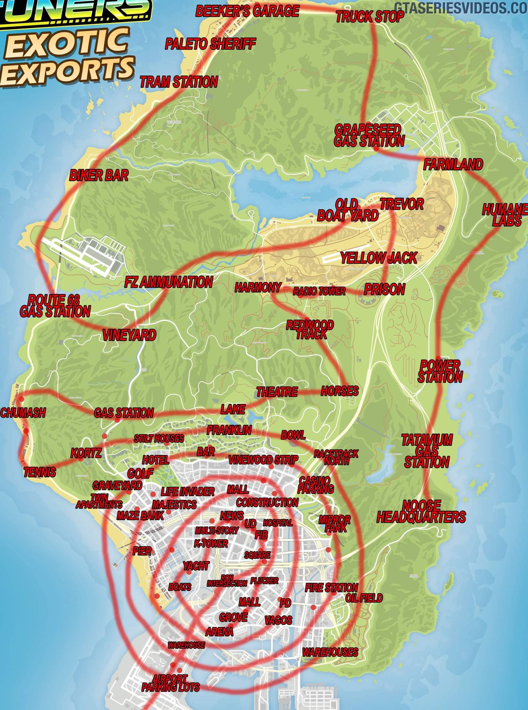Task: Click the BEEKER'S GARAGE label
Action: pyautogui.click(x=247, y=11)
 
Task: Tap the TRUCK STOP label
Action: pyautogui.click(x=370, y=17)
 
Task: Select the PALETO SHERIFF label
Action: pyautogui.click(x=210, y=44)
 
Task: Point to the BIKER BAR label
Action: pyautogui.click(x=99, y=175)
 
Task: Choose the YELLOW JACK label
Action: pyautogui.click(x=379, y=258)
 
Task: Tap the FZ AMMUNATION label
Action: pyautogui.click(x=168, y=282)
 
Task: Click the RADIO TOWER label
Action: pyautogui.click(x=319, y=291)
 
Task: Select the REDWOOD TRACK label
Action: pyautogui.click(x=310, y=330)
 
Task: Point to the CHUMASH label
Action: pyautogui.click(x=23, y=413)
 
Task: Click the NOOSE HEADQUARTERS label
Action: pyautogui.click(x=421, y=512)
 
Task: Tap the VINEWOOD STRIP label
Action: pyautogui.click(x=263, y=460)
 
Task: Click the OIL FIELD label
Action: pyautogui.click(x=364, y=598)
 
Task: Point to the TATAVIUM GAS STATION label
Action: pyautogui.click(x=427, y=451)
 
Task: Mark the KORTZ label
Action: pyautogui.click(x=86, y=453)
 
